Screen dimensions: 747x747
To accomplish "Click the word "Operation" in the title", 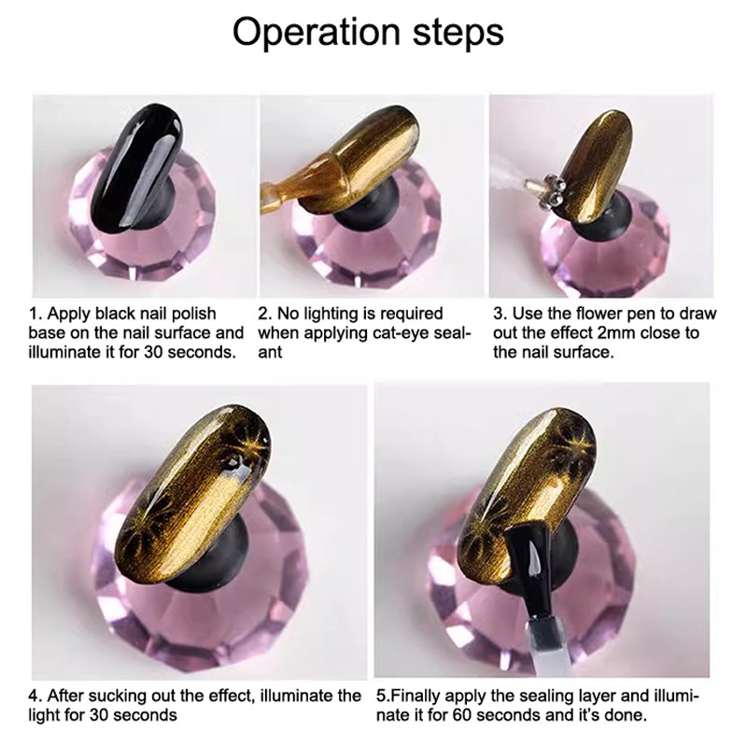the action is pos(316,33).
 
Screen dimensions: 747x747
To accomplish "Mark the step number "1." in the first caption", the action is pos(36,314).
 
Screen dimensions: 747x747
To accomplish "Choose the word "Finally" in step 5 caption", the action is pos(416,696).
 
